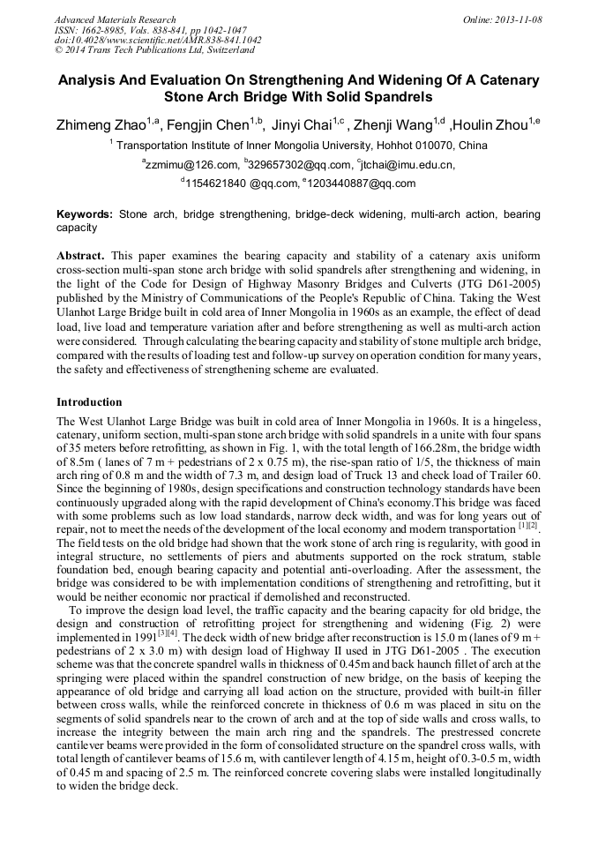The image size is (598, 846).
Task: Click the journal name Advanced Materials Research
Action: pos(115,19)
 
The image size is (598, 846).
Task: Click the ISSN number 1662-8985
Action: pos(103,30)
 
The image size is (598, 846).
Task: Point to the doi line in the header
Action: pos(158,41)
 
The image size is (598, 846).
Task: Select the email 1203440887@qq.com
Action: pos(361,183)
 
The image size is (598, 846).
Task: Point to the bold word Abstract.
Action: pos(80,255)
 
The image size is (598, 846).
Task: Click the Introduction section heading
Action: pos(89,402)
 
